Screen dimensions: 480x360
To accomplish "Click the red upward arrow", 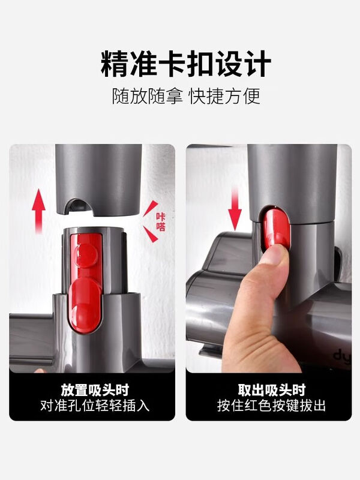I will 39,209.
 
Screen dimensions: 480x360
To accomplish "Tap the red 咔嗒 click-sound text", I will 160,221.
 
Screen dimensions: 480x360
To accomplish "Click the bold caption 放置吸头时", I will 95,389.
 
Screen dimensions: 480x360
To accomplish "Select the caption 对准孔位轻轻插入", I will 95,406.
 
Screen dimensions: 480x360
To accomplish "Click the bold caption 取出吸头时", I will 271,389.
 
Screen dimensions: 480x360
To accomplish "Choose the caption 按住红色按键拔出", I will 271,406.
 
